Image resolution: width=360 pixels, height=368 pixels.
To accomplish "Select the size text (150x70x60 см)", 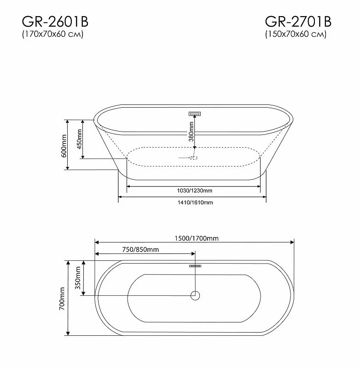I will [296, 35].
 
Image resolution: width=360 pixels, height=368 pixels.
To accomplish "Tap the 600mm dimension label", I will [64, 145].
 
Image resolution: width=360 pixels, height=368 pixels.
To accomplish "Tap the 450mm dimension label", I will [79, 139].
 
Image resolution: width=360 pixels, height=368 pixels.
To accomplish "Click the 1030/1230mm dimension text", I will [195, 190].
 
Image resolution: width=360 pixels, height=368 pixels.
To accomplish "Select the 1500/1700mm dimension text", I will [197, 238].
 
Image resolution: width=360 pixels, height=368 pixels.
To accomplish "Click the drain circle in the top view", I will [195, 295].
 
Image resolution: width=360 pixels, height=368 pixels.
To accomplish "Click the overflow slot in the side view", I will [196, 113].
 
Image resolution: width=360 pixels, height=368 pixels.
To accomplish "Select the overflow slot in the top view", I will [195, 265].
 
